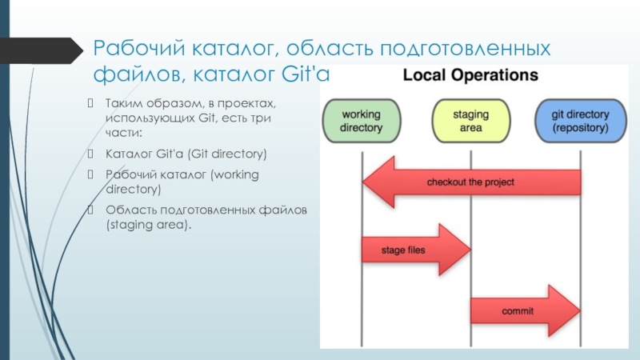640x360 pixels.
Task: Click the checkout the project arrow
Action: (x=471, y=182)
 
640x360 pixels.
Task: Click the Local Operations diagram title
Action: (x=470, y=76)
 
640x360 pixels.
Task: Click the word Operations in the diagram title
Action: (x=497, y=76)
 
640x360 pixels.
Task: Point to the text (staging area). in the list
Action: (x=149, y=226)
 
